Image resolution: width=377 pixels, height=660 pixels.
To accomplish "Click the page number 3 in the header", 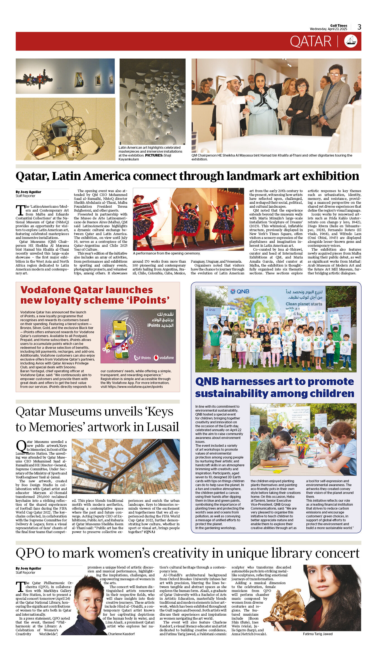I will click(359, 27).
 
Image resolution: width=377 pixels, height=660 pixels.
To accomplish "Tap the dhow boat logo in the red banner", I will click(350, 41).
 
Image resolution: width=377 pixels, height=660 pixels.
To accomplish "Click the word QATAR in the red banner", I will click(310, 42).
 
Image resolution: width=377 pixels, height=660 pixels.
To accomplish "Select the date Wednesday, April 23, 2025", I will click(328, 29).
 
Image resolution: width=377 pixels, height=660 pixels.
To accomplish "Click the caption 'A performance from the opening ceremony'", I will click(167, 253).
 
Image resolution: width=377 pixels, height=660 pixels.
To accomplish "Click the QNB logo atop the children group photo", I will click(240, 291).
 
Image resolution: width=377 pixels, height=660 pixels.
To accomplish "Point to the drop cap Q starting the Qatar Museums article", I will click(21, 446).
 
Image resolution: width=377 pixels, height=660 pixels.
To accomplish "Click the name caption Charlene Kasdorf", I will click(121, 634).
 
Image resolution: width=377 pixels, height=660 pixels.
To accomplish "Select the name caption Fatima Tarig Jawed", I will click(318, 634).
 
